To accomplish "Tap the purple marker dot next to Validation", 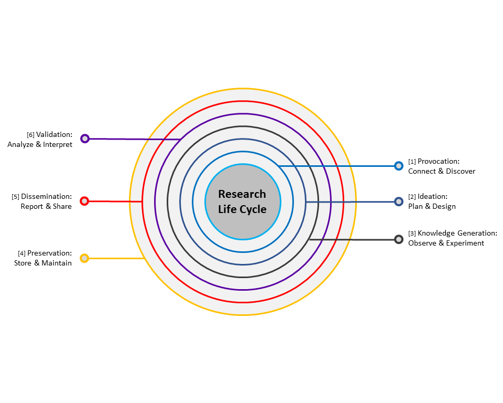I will [x=85, y=139].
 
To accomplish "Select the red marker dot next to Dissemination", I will [x=84, y=201].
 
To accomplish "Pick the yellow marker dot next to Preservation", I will [x=84, y=258].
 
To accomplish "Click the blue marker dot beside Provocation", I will [x=399, y=166].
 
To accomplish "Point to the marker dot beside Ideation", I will [x=399, y=201].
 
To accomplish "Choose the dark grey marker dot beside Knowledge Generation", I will [x=399, y=239].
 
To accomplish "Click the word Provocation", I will [x=438, y=162].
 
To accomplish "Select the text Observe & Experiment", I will [x=446, y=243].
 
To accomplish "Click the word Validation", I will [x=54, y=135].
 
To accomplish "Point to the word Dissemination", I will [x=46, y=197].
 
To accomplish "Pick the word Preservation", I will [x=49, y=253].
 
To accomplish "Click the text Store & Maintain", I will [x=43, y=263].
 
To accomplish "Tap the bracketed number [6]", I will [x=30, y=135].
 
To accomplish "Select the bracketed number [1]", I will [x=412, y=162].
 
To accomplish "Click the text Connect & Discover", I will [x=442, y=171].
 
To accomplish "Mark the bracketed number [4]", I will [x=21, y=254].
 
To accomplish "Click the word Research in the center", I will [x=242, y=194].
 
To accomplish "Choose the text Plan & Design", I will [x=432, y=206].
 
